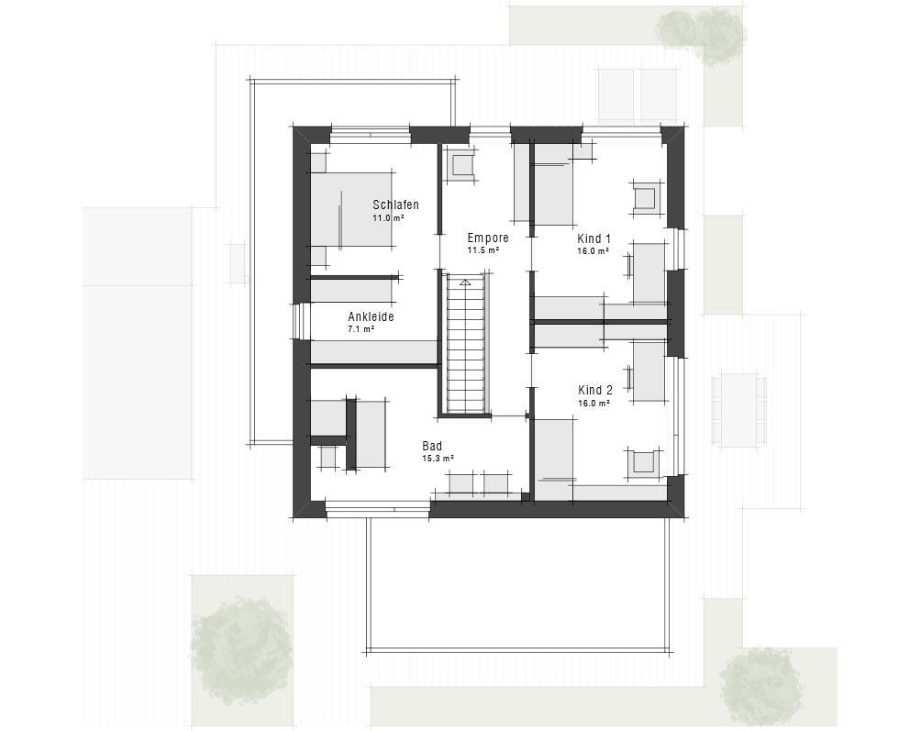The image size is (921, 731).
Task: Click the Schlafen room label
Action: [396, 205]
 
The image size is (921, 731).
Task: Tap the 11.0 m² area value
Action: [388, 217]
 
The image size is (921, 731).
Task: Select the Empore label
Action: [488, 238]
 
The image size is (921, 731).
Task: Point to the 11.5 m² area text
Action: [483, 250]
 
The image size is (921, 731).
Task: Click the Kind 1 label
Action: [594, 239]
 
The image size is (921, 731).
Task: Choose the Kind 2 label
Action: [595, 391]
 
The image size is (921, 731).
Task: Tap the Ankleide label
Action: [371, 316]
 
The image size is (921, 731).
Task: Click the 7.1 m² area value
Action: [361, 329]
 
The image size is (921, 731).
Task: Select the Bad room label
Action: [432, 447]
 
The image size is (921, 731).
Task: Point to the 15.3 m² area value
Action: [438, 459]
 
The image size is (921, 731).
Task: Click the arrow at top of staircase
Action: [465, 282]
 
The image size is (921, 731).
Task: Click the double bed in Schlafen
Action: [351, 209]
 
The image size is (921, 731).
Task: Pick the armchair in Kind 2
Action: [644, 462]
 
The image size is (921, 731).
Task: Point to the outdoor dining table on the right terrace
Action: [739, 409]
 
